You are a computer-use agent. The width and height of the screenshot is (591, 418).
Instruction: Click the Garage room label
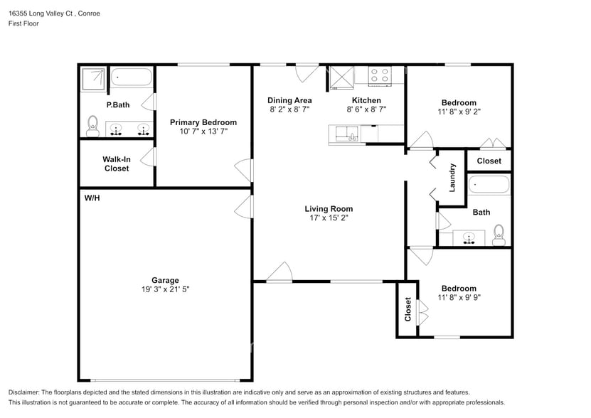pyautogui.click(x=165, y=280)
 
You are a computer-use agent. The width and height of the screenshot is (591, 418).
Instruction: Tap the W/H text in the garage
pyautogui.click(x=92, y=198)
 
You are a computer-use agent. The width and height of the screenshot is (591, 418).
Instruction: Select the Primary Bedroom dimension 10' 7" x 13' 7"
pyautogui.click(x=203, y=132)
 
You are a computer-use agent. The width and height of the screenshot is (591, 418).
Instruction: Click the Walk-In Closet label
pyautogui.click(x=116, y=164)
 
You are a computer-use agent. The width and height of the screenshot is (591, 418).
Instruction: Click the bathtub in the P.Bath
pyautogui.click(x=132, y=77)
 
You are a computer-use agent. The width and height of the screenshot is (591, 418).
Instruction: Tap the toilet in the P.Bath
pyautogui.click(x=92, y=127)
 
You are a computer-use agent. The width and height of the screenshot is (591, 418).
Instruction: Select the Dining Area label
pyautogui.click(x=289, y=100)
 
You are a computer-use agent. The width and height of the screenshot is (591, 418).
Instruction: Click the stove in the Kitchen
pyautogui.click(x=379, y=75)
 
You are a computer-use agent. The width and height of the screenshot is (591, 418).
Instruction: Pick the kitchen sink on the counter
pyautogui.click(x=348, y=133)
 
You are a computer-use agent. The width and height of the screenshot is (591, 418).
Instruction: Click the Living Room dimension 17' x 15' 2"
pyautogui.click(x=329, y=218)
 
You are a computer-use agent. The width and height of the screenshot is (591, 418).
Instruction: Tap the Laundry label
pyautogui.click(x=452, y=177)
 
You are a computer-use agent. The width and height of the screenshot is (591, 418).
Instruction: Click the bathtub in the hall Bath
pyautogui.click(x=489, y=186)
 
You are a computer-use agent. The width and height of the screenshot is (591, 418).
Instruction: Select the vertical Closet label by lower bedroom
pyautogui.click(x=408, y=309)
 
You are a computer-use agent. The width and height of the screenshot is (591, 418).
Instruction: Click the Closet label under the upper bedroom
pyautogui.click(x=489, y=161)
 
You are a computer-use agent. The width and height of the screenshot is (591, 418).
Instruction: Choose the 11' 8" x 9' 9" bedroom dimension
pyautogui.click(x=457, y=298)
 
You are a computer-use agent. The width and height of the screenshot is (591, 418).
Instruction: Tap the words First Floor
pyautogui.click(x=23, y=23)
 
